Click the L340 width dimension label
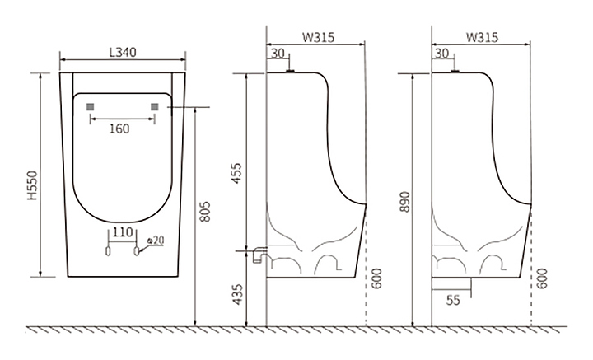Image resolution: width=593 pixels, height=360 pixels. coord(123,52)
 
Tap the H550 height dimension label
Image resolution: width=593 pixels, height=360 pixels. coord(32,185)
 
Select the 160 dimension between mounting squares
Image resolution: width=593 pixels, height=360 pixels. coord(119,129)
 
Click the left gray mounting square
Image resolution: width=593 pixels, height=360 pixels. coord(90,107)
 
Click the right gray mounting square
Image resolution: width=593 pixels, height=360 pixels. coord(155,107)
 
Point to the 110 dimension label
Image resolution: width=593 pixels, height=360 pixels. coord(123,231)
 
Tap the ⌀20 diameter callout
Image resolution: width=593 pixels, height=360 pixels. coord(156,240)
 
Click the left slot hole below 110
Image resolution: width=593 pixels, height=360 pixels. coord(108,251)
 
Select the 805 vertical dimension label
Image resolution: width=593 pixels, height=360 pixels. coord(204,212)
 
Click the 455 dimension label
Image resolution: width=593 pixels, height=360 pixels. coord(236,174)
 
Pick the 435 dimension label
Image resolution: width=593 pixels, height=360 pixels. coord(237,295)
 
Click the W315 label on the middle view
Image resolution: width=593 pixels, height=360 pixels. coord(318,37)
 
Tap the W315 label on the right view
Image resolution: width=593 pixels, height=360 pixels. coord(482,37)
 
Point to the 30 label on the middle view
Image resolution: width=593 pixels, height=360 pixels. coord(278,54)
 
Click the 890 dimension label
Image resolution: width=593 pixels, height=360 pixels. coord(404,202)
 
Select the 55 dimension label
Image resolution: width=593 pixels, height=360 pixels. coord(453,300)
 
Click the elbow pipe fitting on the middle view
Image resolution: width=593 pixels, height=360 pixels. coord(259,254)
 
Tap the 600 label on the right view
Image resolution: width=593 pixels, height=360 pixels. coord(542,278)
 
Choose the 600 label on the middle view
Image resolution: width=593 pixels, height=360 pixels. coord(376,278)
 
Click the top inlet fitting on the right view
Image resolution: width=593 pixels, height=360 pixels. coord(455,71)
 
